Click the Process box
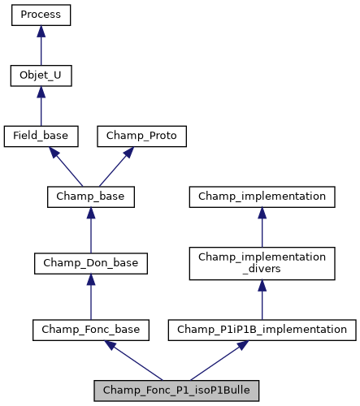tap(41, 15)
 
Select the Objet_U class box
tap(41, 76)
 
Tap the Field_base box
tap(41, 136)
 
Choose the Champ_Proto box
tap(142, 136)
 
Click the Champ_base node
tap(90, 197)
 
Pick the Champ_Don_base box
tap(90, 262)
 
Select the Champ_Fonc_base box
tap(90, 329)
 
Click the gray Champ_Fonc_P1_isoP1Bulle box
tap(176, 390)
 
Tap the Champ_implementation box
tap(262, 197)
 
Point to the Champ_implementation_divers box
tap(262, 262)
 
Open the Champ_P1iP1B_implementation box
tap(262, 329)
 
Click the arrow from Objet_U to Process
tap(41, 45)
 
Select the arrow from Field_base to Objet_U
tap(41, 106)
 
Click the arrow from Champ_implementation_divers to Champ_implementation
tap(262, 227)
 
